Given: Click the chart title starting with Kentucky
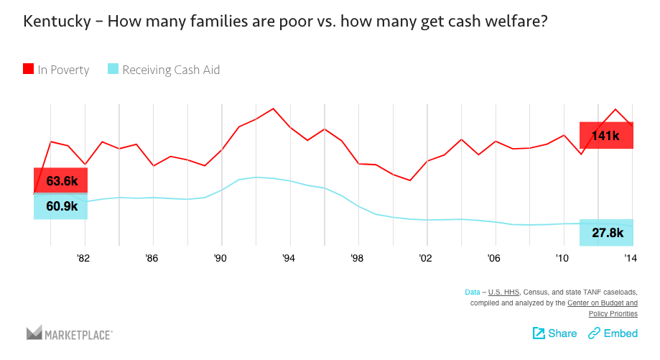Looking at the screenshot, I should pos(286,22).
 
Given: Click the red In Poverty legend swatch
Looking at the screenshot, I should pos(29,70).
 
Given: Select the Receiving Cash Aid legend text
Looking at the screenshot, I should pos(171,70).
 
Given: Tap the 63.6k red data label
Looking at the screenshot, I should pos(60,181).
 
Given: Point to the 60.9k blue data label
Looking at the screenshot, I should pos(60,206).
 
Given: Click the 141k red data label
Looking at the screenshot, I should pos(606,135).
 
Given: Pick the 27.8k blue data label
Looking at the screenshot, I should pos(606,232).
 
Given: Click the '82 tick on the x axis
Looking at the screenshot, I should pos(84,258).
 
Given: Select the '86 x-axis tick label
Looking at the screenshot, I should pos(152,258).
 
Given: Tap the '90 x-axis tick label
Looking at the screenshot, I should pos(220,258).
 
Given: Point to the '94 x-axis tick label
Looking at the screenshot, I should pos(289,258).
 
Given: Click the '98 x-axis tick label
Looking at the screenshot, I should pos(357,258).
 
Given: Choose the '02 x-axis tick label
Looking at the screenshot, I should pos(425,258).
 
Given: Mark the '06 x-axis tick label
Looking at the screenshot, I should pos(493,258).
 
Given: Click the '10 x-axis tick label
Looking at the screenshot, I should pos(562,258).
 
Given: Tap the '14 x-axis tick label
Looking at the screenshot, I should pos(630,258).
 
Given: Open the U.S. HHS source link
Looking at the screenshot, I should pos(504,292).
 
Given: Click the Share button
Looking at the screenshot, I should pos(554,333).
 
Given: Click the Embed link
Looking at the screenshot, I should pos(613,333).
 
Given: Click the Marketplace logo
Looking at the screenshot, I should pos(70,333).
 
